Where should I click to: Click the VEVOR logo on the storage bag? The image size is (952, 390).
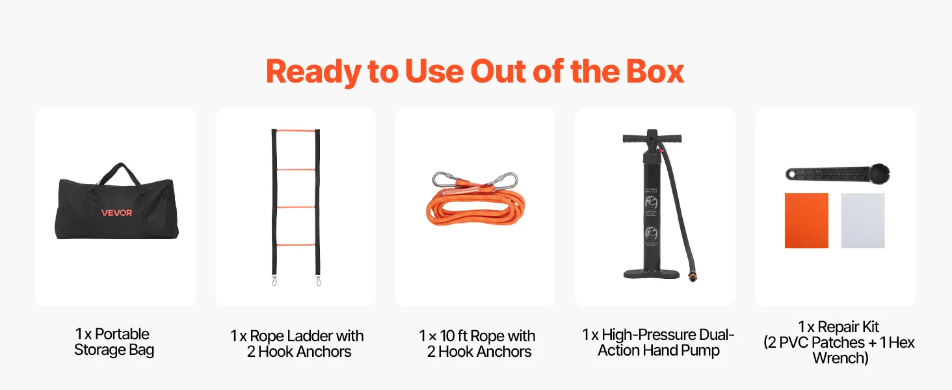tap(116, 213)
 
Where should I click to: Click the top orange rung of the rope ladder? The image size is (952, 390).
tap(296, 131)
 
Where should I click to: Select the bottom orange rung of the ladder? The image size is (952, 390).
tap(296, 244)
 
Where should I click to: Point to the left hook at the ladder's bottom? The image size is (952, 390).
tap(274, 281)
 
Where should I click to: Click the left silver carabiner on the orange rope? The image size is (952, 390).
tap(445, 179)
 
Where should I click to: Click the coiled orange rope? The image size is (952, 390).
tap(475, 208)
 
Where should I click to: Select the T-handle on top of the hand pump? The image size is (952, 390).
tap(652, 138)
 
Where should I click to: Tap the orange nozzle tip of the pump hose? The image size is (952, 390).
tap(693, 278)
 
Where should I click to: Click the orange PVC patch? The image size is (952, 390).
tap(806, 220)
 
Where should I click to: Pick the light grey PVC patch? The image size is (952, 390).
tap(863, 220)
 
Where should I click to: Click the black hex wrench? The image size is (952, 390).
tap(838, 174)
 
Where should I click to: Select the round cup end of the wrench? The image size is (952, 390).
tap(879, 174)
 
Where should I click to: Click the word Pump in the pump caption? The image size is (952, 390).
tap(700, 351)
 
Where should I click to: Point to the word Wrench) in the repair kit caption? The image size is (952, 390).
tap(840, 358)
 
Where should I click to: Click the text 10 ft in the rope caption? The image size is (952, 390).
tap(453, 336)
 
